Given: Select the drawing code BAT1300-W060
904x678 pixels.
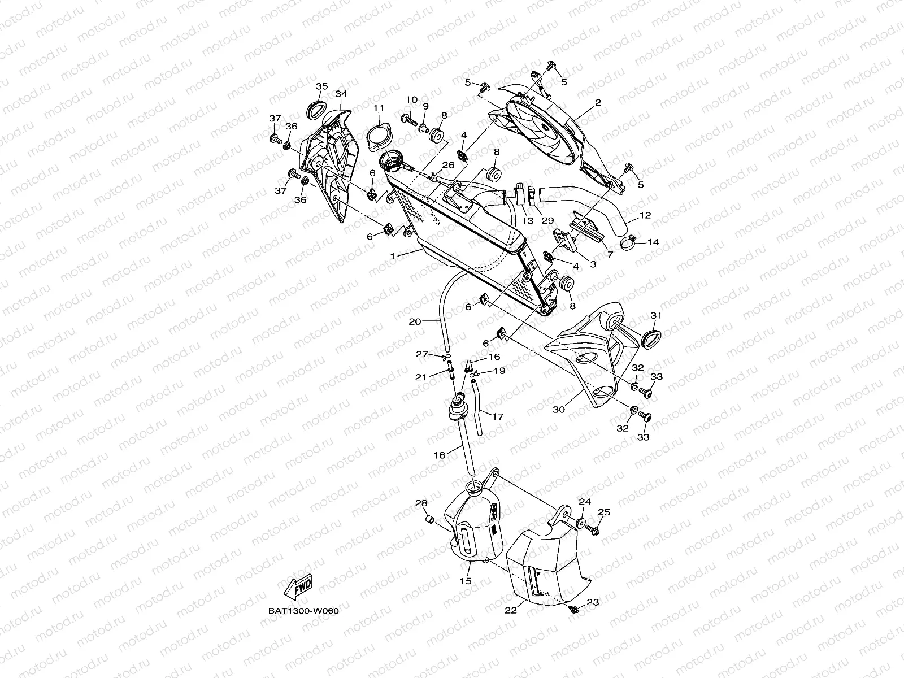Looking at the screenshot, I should point(303,611).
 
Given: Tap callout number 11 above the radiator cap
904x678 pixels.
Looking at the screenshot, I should point(394,108).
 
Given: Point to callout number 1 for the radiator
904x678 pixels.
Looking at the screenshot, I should point(392,256).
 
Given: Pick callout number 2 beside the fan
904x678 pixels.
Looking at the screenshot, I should point(598,102).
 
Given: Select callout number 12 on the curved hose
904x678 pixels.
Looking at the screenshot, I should point(645,215).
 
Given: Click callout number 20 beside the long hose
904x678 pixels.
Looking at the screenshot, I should point(415,321).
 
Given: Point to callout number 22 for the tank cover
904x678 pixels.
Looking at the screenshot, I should point(511,611).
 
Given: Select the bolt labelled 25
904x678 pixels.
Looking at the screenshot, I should point(593,530).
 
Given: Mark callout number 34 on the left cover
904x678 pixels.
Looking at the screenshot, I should point(341,94).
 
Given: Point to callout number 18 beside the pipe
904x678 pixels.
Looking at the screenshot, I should point(440,453).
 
